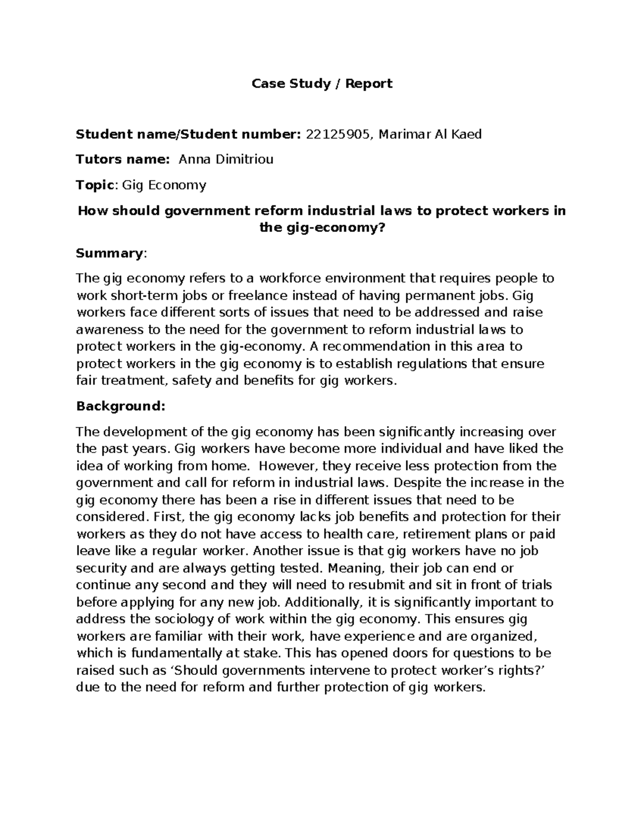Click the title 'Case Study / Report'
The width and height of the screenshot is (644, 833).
[322, 84]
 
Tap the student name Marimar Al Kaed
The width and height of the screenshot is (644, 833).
[430, 134]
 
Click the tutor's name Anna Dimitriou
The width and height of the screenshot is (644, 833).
[226, 159]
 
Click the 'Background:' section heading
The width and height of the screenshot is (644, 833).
[121, 406]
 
